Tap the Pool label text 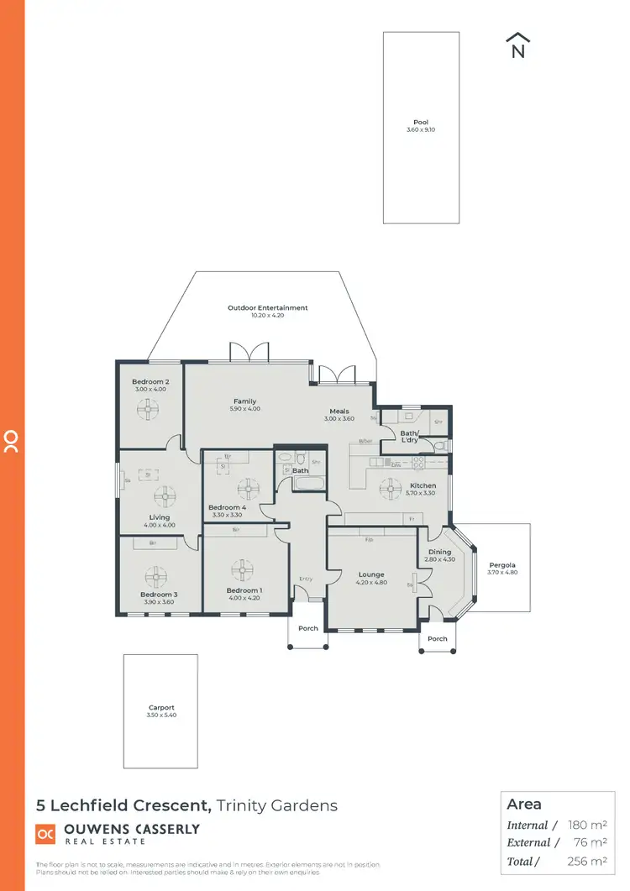420,123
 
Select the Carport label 161,708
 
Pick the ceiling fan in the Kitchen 391,489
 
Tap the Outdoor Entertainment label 267,308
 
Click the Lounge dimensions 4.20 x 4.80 370,583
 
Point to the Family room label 245,401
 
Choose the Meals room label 339,411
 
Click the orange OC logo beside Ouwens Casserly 45,833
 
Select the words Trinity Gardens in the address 277,805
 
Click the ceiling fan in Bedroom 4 248,488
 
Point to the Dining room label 438,552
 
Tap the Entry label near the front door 307,579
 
